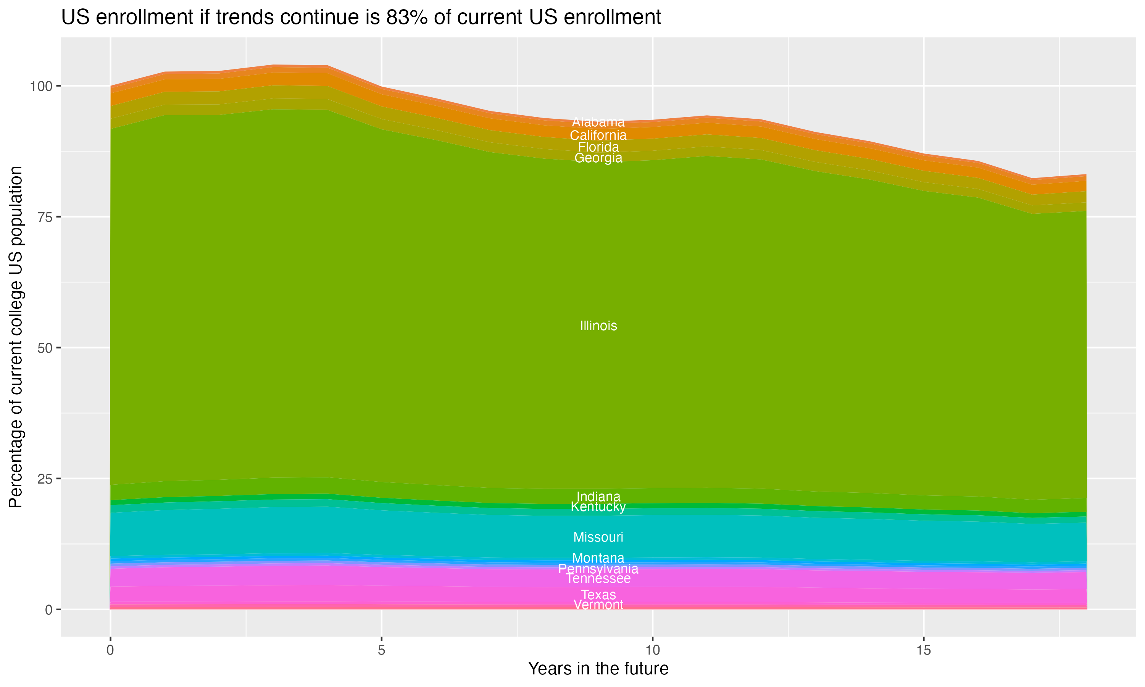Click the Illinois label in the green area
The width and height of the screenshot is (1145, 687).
(x=598, y=326)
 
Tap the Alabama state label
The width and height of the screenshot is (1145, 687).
(x=598, y=122)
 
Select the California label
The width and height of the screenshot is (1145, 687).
(x=598, y=135)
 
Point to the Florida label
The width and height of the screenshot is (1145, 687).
(x=598, y=147)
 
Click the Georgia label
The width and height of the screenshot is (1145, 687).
(x=598, y=158)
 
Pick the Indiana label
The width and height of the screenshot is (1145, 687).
(x=598, y=497)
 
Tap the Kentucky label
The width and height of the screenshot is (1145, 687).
(x=598, y=507)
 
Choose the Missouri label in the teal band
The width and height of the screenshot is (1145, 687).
(x=598, y=537)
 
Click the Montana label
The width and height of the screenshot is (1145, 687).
(x=598, y=558)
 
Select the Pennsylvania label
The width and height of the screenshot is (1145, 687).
(x=598, y=568)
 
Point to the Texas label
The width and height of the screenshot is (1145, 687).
(x=598, y=595)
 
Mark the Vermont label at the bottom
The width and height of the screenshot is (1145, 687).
(x=598, y=605)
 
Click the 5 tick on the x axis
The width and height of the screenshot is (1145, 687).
(x=381, y=650)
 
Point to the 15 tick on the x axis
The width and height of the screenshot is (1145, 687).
(x=923, y=650)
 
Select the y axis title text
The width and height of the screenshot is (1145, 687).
(x=16, y=337)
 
